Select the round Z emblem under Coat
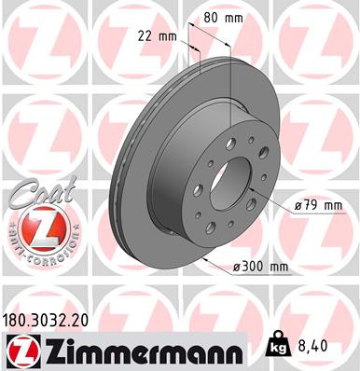pos(39,227)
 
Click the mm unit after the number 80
pos(236,16)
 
